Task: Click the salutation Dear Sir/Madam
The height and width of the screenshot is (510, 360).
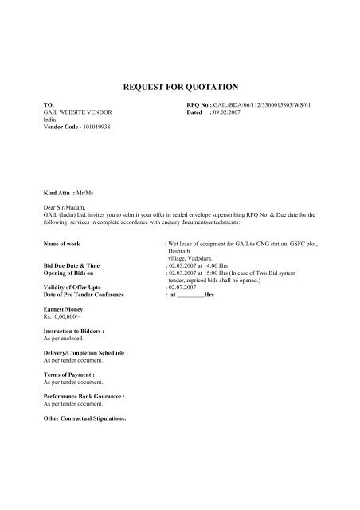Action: pyautogui.click(x=65, y=207)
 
